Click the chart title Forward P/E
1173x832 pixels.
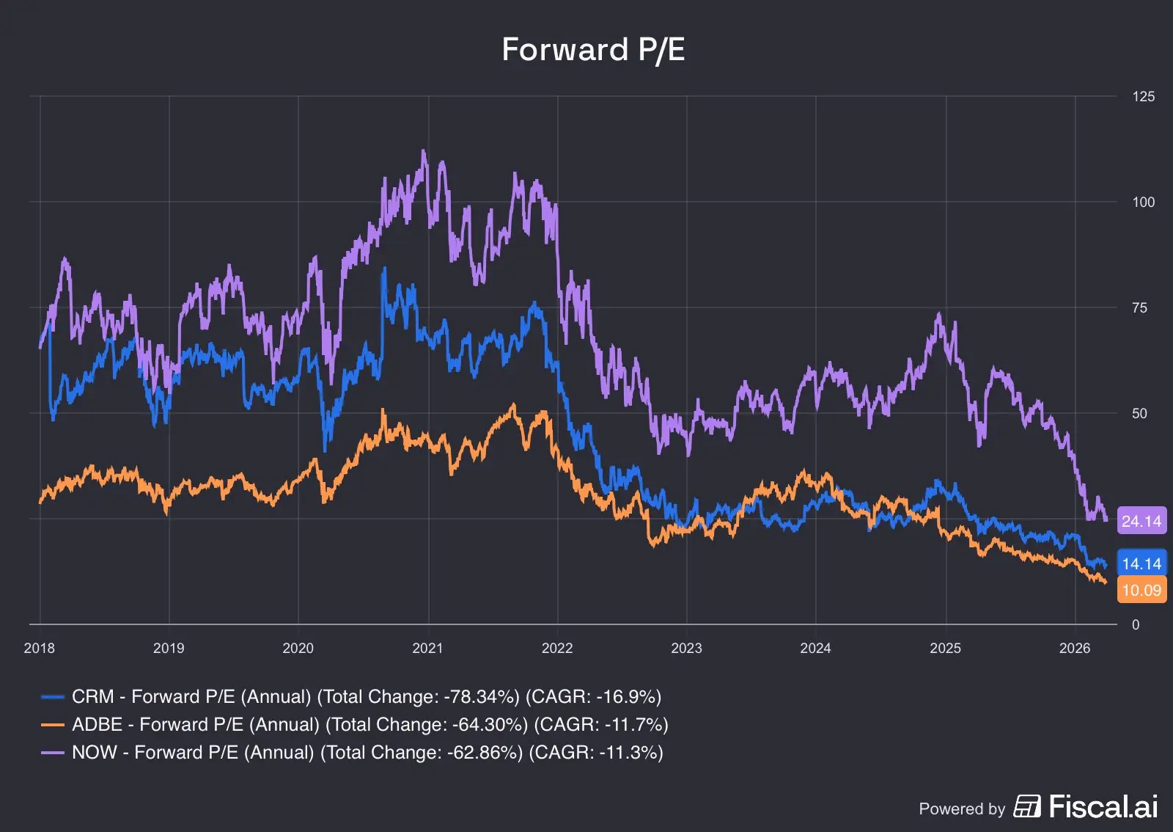point(593,51)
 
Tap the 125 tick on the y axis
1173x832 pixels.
point(1143,96)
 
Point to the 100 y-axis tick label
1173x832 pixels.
point(1143,202)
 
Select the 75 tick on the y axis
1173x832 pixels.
point(1139,307)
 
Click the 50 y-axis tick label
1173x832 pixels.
point(1139,413)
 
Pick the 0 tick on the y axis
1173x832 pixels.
point(1136,624)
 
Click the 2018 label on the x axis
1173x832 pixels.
point(40,648)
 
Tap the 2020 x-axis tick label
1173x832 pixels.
point(298,648)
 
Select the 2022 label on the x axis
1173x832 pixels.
point(557,648)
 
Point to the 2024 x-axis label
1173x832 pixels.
point(815,648)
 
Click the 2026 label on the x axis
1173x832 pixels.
point(1075,648)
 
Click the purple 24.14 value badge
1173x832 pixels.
point(1141,521)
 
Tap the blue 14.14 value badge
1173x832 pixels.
point(1141,563)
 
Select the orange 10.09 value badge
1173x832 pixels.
point(1141,590)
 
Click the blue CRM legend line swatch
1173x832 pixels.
point(52,697)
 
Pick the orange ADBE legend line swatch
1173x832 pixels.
point(52,725)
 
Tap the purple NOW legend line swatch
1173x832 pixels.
point(52,752)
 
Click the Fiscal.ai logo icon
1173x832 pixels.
point(1027,806)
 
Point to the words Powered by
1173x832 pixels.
point(962,809)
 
